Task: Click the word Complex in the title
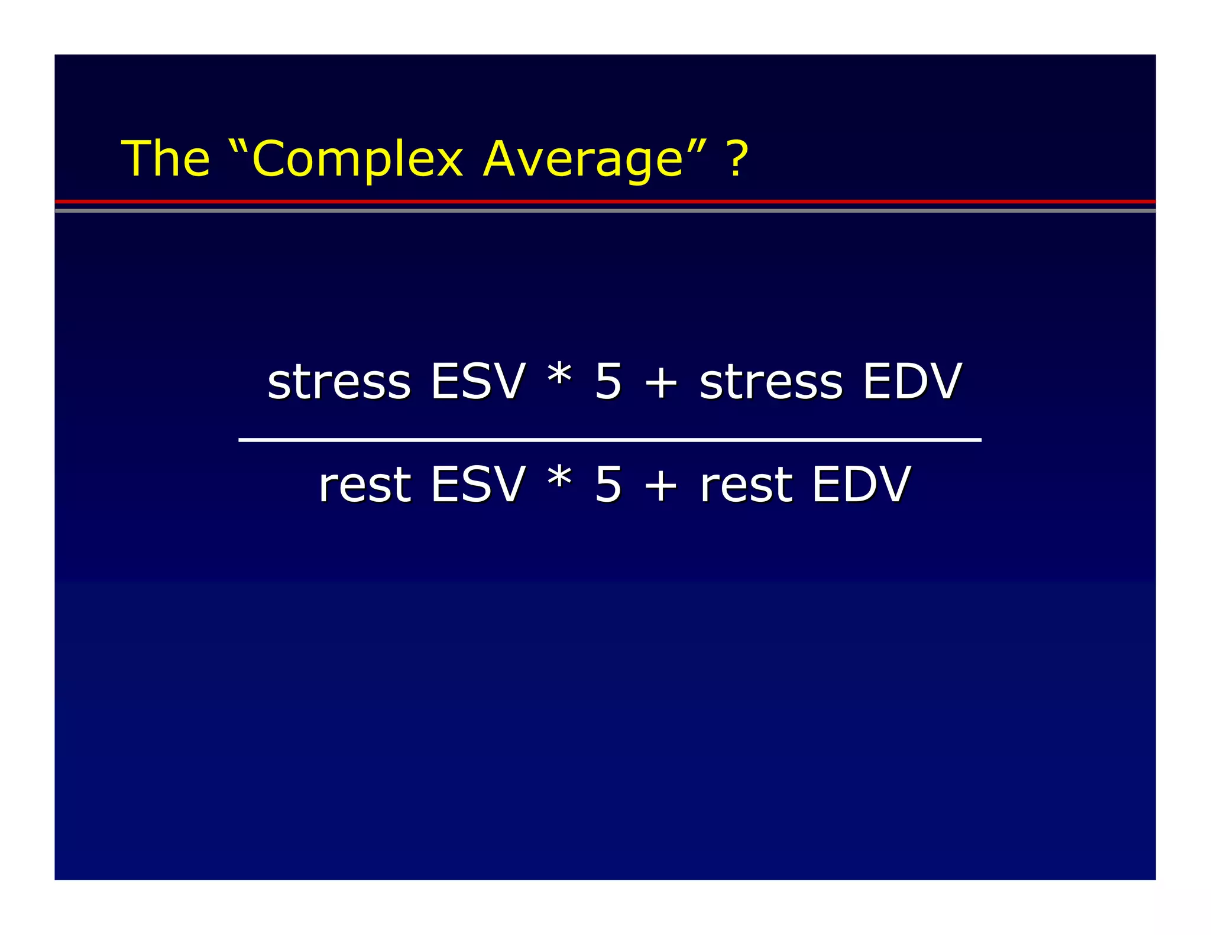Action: pyautogui.click(x=357, y=160)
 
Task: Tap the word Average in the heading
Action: pyautogui.click(x=583, y=160)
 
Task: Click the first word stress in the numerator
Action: pyautogui.click(x=339, y=382)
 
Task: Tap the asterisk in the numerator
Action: pyautogui.click(x=559, y=376)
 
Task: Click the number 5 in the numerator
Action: pyautogui.click(x=608, y=382)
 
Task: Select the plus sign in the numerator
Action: pyautogui.click(x=660, y=383)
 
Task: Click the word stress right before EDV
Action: pyautogui.click(x=771, y=382)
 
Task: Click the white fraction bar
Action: pyautogui.click(x=610, y=440)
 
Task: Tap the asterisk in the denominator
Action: pyautogui.click(x=559, y=479)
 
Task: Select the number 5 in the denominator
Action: pyautogui.click(x=608, y=485)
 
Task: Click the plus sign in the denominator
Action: pyautogui.click(x=660, y=486)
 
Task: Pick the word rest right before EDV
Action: pyautogui.click(x=746, y=485)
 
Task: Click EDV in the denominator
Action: pyautogui.click(x=861, y=485)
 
